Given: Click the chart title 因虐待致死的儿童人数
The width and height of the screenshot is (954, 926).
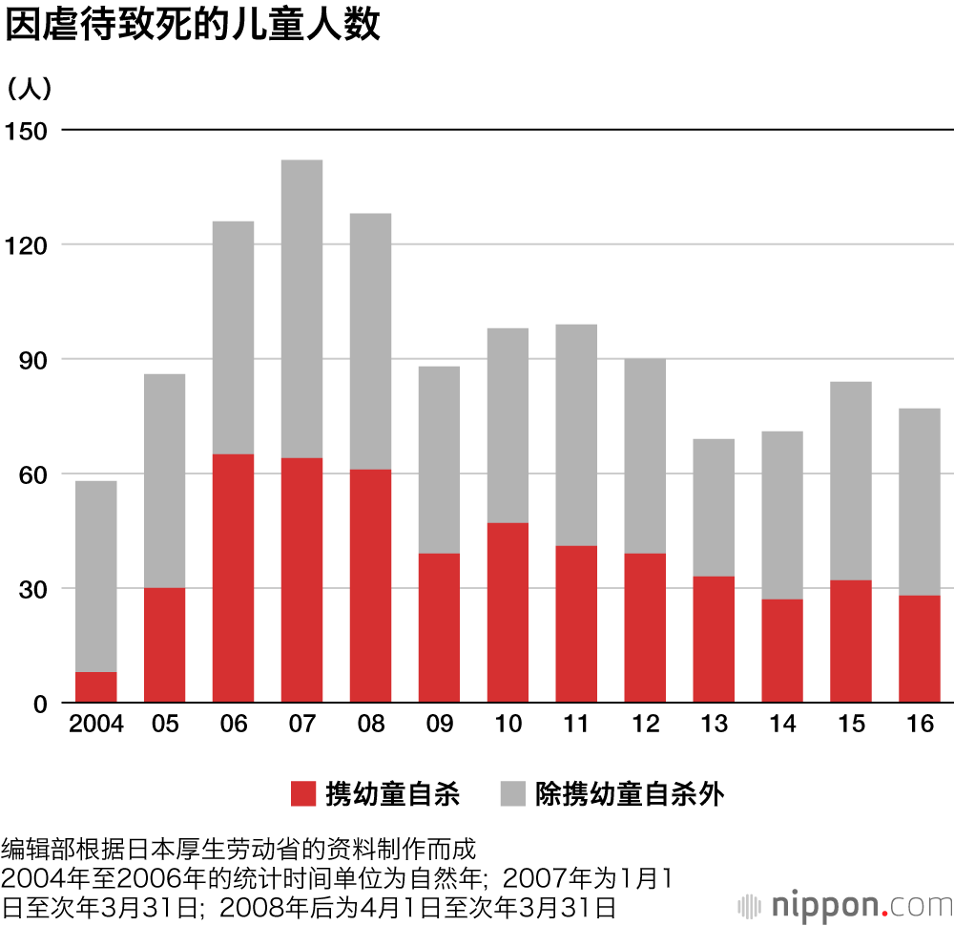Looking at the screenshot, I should point(193,26).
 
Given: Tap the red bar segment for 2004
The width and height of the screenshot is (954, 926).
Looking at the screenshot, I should point(95,687).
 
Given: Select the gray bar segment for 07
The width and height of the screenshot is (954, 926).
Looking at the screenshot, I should point(301,308).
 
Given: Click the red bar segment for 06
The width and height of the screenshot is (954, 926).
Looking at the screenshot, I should point(233,579).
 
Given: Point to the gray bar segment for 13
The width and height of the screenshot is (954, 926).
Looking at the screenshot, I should point(714,507).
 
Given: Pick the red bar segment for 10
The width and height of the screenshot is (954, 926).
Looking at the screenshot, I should point(508,613).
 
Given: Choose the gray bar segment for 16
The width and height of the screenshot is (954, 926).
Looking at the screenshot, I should point(920,501).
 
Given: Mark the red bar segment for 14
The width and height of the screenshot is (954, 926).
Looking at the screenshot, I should point(782,651).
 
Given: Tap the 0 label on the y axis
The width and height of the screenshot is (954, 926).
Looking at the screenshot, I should point(39,705).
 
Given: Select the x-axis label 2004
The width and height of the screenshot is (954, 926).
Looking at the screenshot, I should point(96,725).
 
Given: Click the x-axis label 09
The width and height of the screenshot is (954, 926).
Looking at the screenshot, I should point(439,725).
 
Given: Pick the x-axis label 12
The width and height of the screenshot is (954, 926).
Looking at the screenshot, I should point(645,725).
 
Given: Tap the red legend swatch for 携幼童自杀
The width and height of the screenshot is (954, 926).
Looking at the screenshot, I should point(302,793).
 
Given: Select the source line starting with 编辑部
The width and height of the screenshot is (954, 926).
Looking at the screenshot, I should point(238,848).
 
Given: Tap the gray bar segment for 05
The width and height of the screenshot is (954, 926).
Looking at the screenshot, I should point(164,480).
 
